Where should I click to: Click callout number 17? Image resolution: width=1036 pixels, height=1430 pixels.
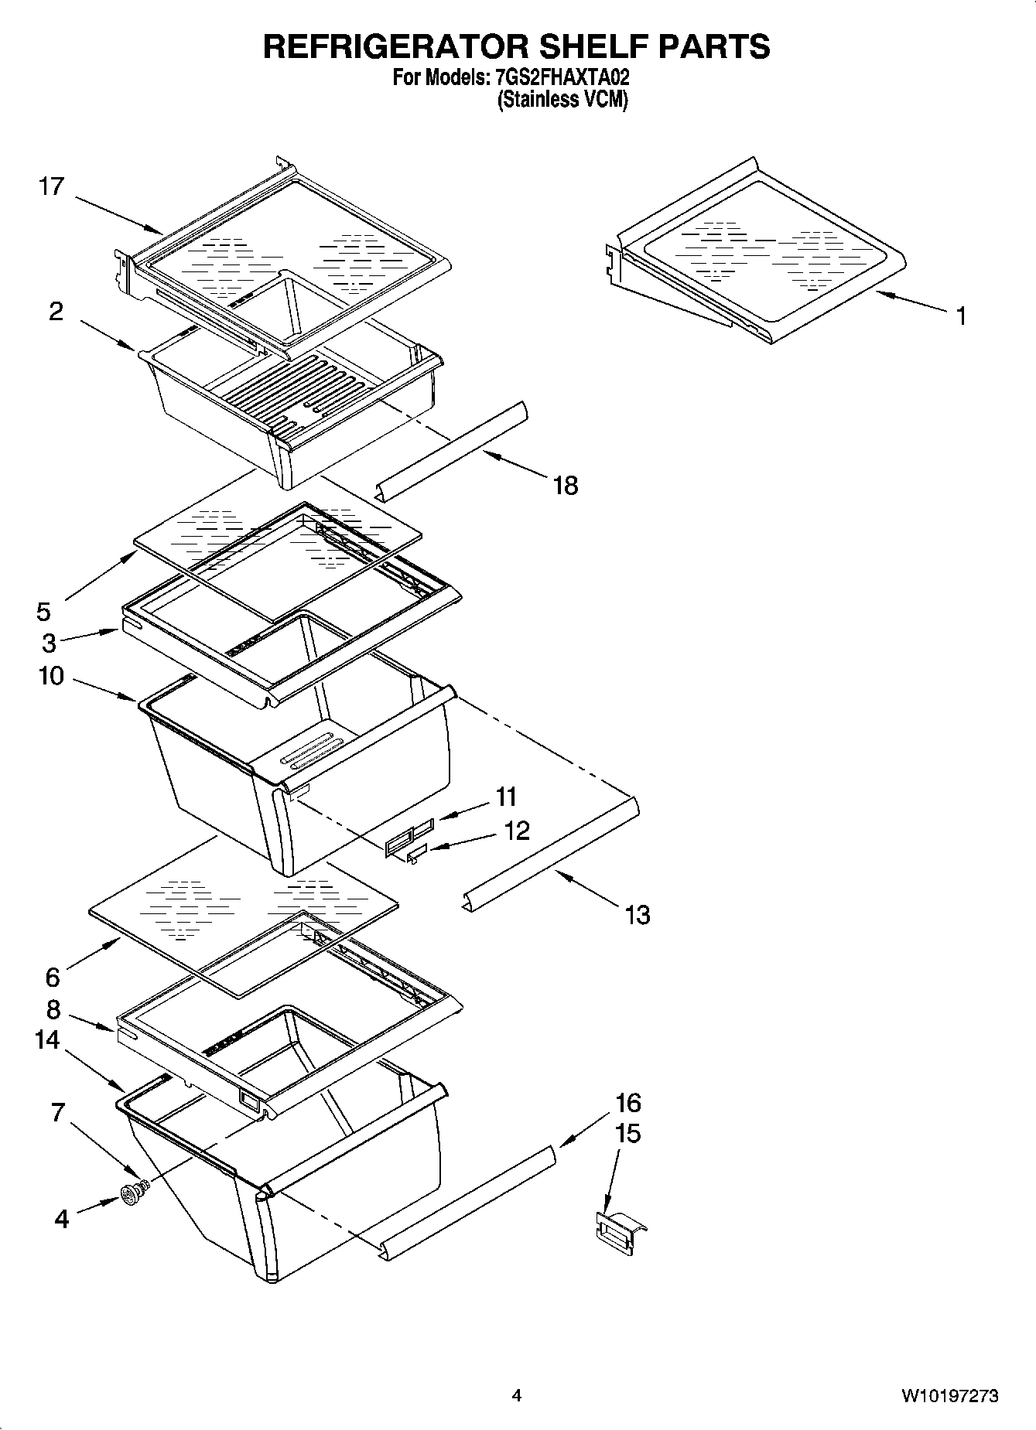tap(51, 186)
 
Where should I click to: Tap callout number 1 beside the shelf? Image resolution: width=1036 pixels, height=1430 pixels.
tap(960, 316)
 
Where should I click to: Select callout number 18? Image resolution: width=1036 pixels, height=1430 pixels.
tap(566, 485)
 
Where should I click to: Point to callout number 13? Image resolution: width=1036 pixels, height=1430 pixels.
tap(637, 915)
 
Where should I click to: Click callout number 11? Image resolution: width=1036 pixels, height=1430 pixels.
tap(506, 796)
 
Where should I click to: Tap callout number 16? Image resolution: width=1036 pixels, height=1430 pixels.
tap(628, 1102)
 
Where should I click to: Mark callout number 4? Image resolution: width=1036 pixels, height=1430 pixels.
tap(62, 1220)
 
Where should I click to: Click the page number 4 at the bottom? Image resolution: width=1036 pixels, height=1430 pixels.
tap(517, 1396)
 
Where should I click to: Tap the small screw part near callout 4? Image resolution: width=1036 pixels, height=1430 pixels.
tap(132, 1194)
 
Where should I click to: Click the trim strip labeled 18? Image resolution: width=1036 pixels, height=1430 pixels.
tap(453, 452)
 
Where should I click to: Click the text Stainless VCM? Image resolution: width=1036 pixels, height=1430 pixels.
tap(562, 100)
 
